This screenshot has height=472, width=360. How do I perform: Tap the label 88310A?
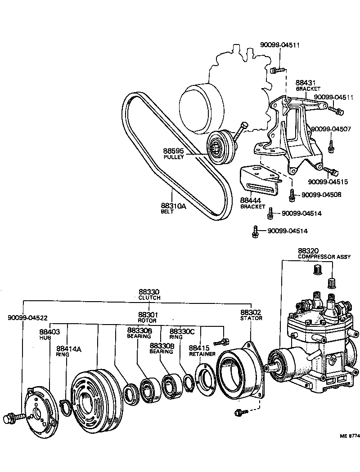tap(173, 206)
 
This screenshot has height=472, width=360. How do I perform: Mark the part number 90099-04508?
tap(321, 195)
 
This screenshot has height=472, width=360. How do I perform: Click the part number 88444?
tap(250, 200)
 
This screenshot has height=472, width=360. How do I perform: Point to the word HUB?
tap(45, 337)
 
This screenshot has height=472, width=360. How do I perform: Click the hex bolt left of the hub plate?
tap(10, 418)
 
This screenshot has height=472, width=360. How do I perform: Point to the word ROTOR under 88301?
tap(147, 321)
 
